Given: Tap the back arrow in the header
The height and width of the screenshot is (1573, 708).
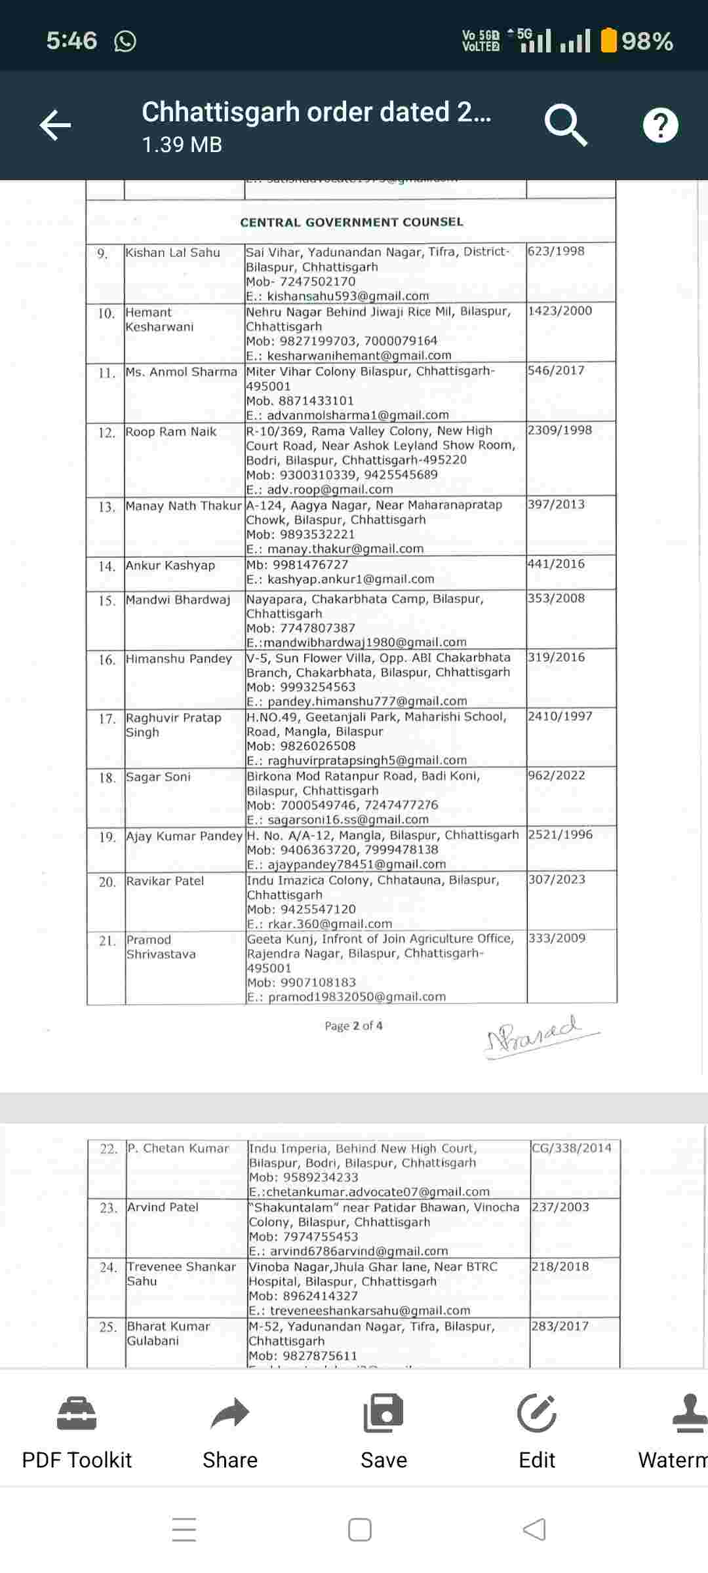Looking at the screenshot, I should point(55,125).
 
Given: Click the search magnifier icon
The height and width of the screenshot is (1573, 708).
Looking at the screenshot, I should point(565,125).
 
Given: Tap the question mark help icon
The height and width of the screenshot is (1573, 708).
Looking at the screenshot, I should point(660,125).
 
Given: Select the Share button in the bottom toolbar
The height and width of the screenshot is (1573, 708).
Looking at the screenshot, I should point(230,1431).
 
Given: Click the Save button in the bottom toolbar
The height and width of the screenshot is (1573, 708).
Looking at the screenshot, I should point(383,1431).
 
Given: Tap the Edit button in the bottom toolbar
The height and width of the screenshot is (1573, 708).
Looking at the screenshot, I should point(537,1431).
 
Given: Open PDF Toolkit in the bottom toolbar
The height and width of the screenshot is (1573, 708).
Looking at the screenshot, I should point(77,1431).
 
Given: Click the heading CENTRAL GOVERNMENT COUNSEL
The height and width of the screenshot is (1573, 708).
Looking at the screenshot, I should point(351,222).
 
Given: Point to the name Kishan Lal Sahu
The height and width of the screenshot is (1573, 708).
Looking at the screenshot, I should point(173,252).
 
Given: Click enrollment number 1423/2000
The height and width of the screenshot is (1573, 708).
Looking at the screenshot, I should point(560,311).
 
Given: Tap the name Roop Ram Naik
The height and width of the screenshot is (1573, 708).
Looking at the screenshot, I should point(171,432).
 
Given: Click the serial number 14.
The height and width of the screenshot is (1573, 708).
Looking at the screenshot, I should point(106,566).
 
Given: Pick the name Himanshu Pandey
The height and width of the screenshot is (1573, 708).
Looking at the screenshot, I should point(179,659).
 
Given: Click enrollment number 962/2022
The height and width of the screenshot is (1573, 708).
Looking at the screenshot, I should point(556,775).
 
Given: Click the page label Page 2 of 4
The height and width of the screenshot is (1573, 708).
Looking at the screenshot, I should point(353,1026).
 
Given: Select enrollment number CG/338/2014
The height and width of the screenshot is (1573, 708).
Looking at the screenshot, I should point(572,1148).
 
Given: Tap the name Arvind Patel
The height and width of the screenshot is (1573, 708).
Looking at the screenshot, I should point(163,1207).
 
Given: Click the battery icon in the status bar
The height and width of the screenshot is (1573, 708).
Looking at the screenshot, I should point(609,41).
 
